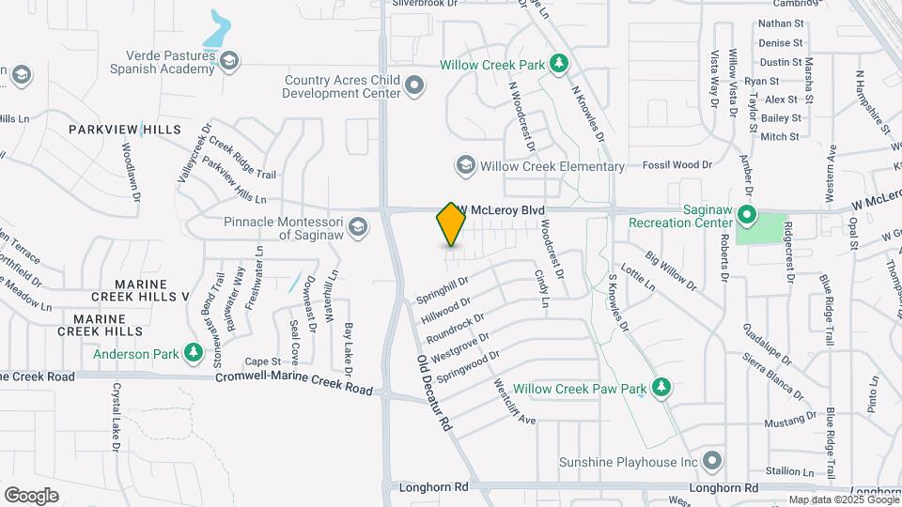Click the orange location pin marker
[451, 223]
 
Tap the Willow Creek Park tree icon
[559, 64]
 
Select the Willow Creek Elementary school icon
[464, 166]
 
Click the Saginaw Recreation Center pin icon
[747, 215]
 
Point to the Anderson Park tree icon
[194, 353]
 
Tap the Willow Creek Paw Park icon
[661, 387]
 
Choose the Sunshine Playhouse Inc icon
[711, 461]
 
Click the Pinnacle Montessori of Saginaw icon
[357, 226]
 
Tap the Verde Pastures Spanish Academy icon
[228, 62]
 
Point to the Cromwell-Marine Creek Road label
[294, 383]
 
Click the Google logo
[31, 495]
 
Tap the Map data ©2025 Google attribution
[832, 499]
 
